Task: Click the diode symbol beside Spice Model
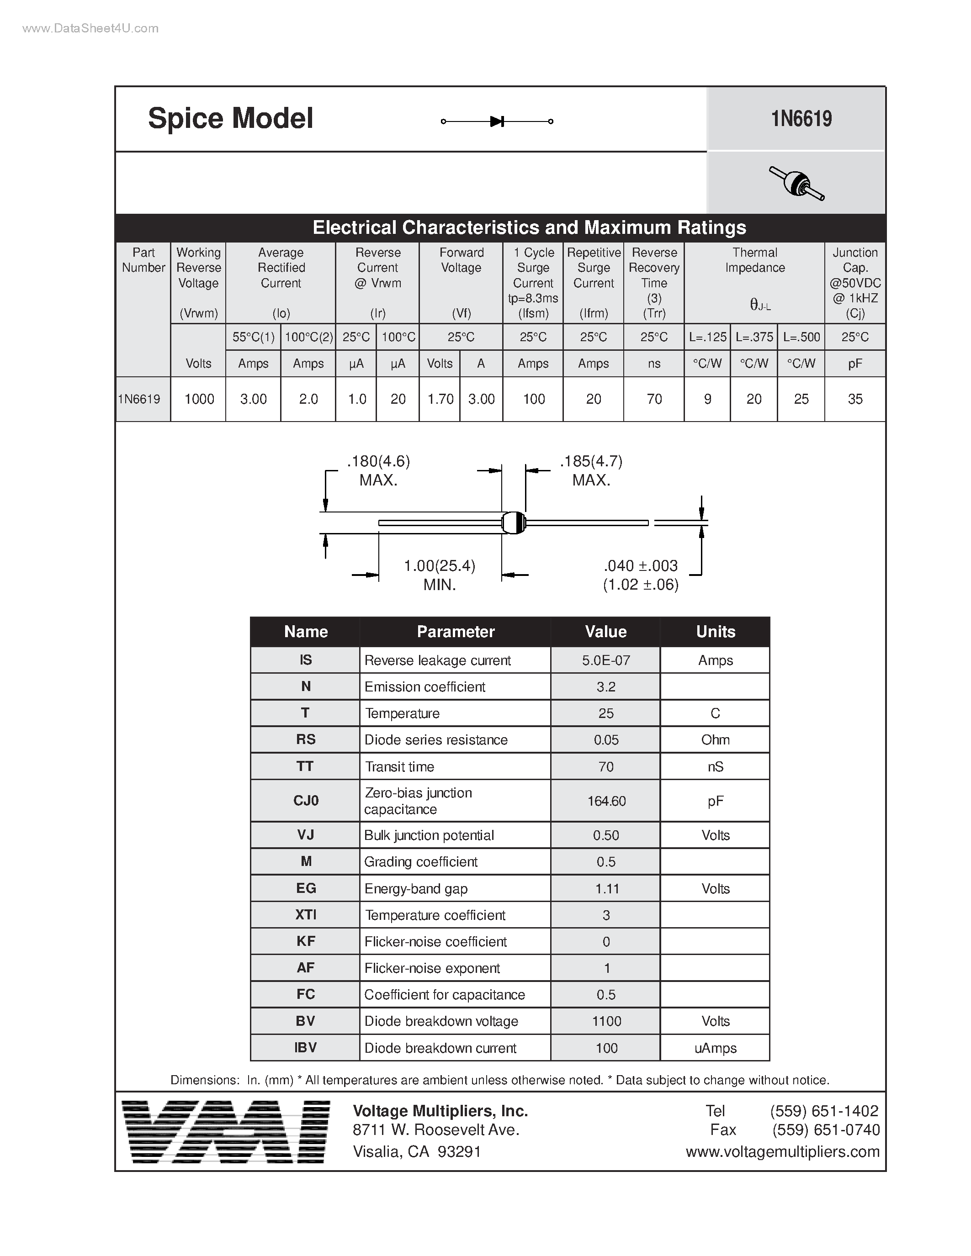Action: [x=496, y=121]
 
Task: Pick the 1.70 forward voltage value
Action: [x=440, y=399]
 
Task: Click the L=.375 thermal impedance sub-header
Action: [x=754, y=337]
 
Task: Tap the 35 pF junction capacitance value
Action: [x=855, y=399]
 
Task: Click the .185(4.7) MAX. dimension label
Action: [x=591, y=470]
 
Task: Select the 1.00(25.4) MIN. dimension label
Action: [x=440, y=575]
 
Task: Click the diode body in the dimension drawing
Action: [x=514, y=523]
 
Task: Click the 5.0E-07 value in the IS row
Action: [x=606, y=660]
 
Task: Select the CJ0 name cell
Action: [x=305, y=801]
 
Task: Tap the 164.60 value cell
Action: [x=606, y=801]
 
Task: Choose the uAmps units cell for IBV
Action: [x=715, y=1048]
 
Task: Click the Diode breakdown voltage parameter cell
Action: [x=441, y=1021]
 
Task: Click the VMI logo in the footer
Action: [x=227, y=1132]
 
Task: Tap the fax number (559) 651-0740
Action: [x=826, y=1130]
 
